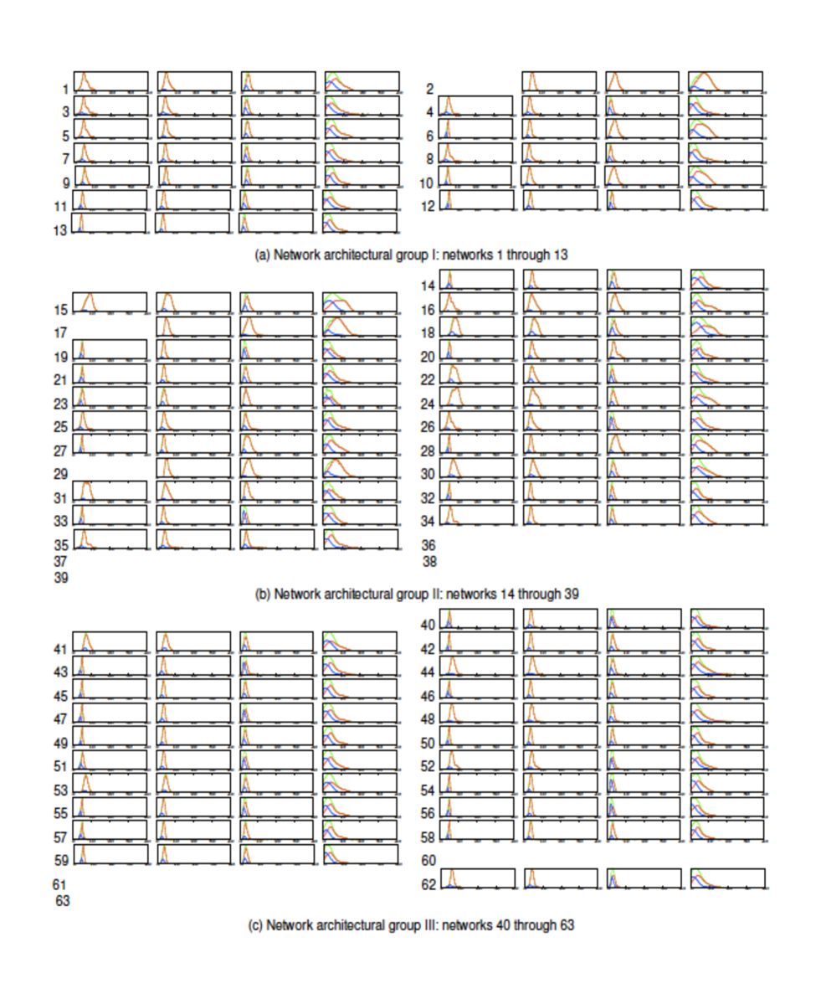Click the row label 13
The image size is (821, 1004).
pyautogui.click(x=60, y=230)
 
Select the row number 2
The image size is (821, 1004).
pyautogui.click(x=429, y=90)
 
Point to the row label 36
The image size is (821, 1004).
pyautogui.click(x=429, y=545)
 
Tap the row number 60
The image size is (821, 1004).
pyautogui.click(x=428, y=861)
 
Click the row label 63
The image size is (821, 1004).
pyautogui.click(x=62, y=902)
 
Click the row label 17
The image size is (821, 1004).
pyautogui.click(x=60, y=333)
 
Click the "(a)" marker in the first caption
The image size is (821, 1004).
pyautogui.click(x=263, y=255)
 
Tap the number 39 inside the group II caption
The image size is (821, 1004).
pyautogui.click(x=571, y=594)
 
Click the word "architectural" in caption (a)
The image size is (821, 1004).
pyautogui.click(x=351, y=255)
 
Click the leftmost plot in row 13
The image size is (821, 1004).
pyautogui.click(x=109, y=222)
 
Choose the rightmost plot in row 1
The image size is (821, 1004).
pyautogui.click(x=362, y=81)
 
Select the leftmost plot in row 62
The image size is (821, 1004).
pyautogui.click(x=476, y=878)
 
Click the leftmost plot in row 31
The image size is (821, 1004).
pyautogui.click(x=110, y=491)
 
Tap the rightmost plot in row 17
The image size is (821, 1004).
pyautogui.click(x=361, y=327)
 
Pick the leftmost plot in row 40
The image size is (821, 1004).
pyautogui.click(x=476, y=619)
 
